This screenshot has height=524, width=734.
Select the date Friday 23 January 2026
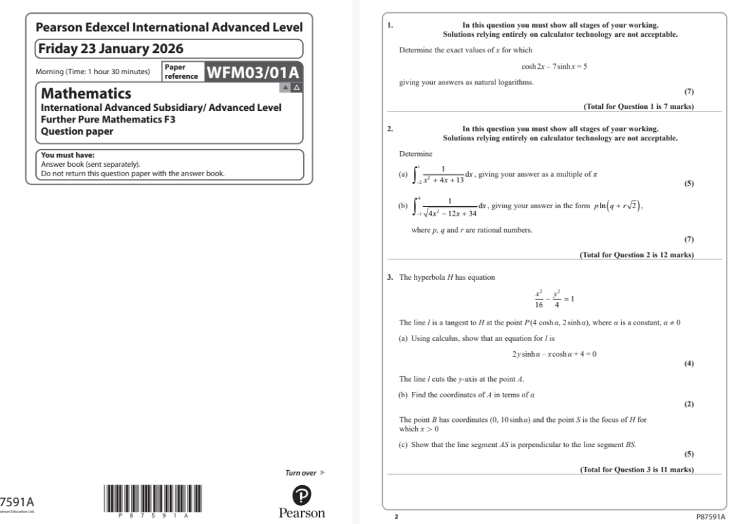(x=111, y=49)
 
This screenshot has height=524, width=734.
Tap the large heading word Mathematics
(x=86, y=93)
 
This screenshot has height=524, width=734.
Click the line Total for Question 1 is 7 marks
(x=638, y=106)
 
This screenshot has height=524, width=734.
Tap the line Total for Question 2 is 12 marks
(x=636, y=255)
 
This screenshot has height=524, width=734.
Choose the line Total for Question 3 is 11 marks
(x=636, y=470)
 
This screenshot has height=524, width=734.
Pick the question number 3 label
(x=390, y=277)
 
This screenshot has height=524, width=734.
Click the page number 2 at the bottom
(x=396, y=517)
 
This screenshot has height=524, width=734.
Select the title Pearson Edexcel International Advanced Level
(x=169, y=28)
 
